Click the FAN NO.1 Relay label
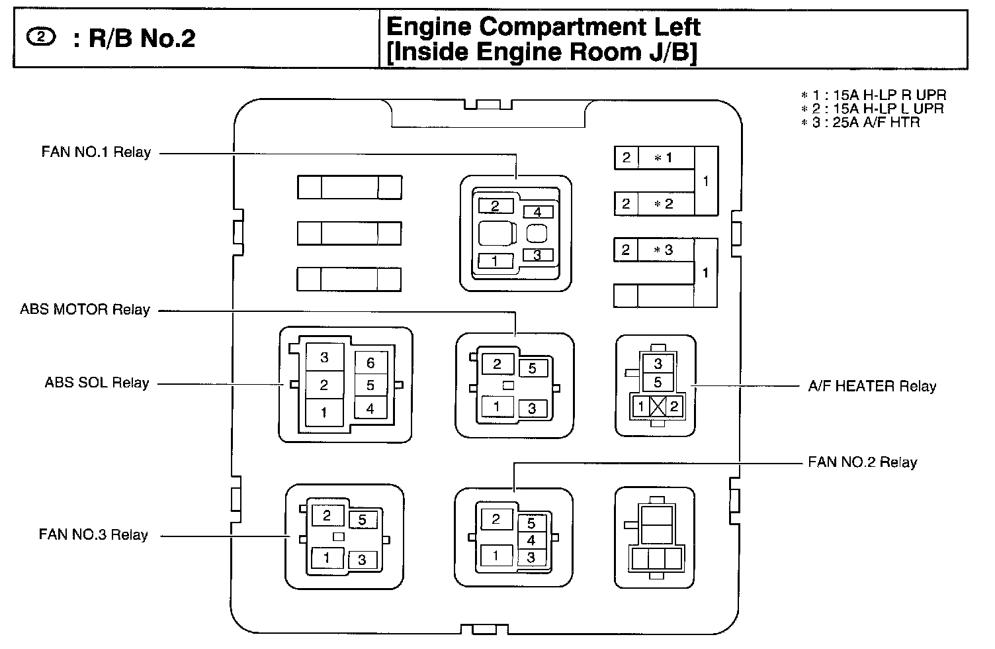point(96,152)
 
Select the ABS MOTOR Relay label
point(85,309)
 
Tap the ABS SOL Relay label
point(97,383)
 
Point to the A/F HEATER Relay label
point(872,386)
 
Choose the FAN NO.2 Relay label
point(862,462)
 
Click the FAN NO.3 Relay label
point(93,534)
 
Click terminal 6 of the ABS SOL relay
point(370,362)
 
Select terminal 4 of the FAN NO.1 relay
point(538,212)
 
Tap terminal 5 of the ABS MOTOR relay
point(533,368)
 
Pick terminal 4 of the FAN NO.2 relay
point(531,540)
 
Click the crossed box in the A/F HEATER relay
point(658,406)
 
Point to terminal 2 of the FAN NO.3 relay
point(326,515)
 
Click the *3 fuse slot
point(664,250)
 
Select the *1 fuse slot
point(664,158)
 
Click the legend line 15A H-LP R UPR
point(873,95)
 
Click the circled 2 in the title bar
point(41,38)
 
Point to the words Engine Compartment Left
point(542,26)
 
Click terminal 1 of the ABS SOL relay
point(324,413)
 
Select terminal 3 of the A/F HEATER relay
point(658,364)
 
